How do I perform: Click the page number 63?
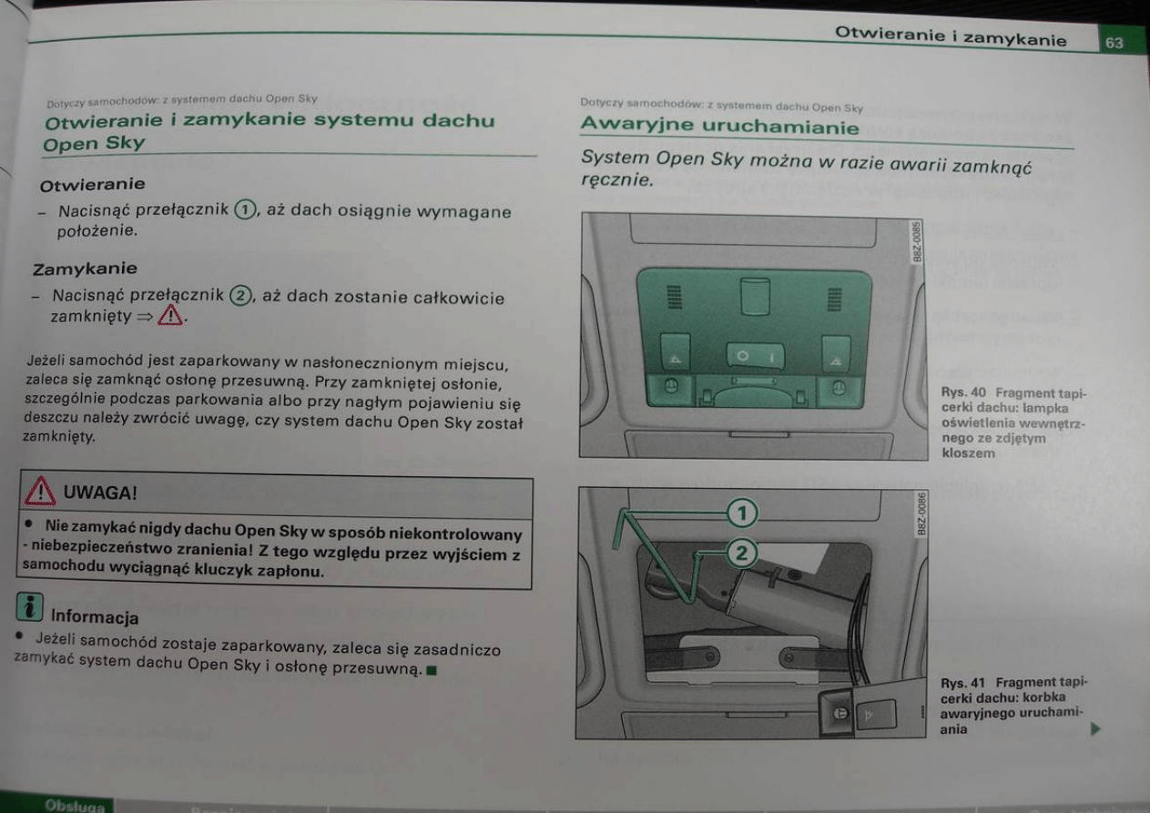pos(1114,43)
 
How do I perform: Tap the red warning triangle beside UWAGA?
pos(39,492)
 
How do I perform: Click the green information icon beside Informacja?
pos(30,607)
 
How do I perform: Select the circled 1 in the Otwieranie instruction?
pos(245,209)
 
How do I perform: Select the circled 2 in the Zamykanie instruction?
pos(240,295)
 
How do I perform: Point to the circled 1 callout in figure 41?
pos(742,513)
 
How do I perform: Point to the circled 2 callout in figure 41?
pos(742,554)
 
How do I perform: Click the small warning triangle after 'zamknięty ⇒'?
pos(170,315)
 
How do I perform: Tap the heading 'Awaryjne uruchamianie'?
pos(720,125)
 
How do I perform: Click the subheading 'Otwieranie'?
pos(92,184)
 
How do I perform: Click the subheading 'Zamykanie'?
pos(86,269)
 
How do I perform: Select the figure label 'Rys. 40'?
pos(963,392)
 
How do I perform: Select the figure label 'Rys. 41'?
pos(962,683)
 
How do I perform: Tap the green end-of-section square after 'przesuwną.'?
pos(432,670)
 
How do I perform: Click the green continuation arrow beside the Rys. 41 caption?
pos(1095,729)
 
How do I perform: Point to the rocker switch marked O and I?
pos(755,356)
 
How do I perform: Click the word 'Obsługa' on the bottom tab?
pos(75,806)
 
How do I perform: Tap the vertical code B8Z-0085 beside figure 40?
pos(916,242)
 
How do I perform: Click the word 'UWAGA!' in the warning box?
pos(100,493)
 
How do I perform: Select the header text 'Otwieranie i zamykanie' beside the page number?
pos(951,36)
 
